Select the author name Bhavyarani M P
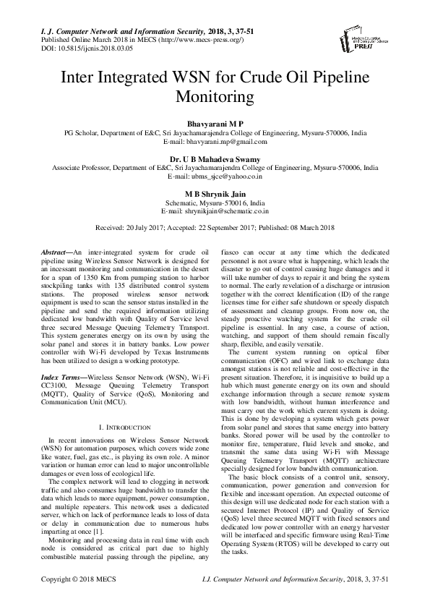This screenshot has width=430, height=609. [215, 124]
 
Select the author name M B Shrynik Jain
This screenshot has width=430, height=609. [215, 194]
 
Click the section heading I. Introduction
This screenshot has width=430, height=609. [124, 427]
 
